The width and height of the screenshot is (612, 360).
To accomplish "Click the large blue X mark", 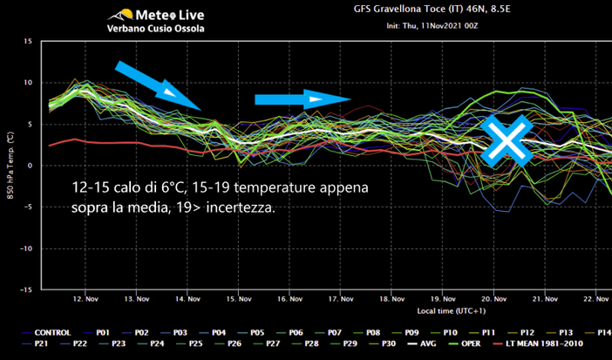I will pos(505,139).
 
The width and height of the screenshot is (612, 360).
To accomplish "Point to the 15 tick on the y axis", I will pos(28,41).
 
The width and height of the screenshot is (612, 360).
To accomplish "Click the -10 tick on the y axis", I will pos(26,248).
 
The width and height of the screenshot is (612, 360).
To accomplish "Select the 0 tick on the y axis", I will pos(31,166).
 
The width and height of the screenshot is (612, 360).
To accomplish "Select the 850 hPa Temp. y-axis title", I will pos(10,166).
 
